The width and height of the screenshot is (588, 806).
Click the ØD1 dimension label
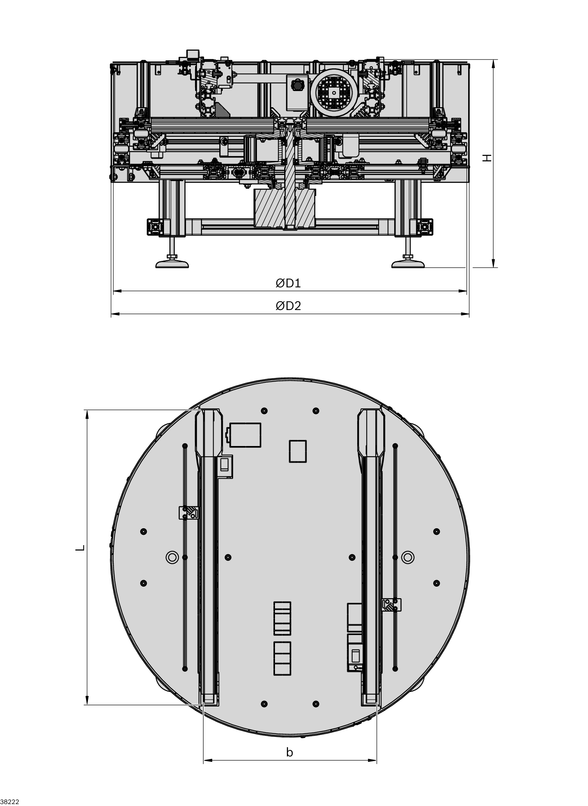[x=288, y=283]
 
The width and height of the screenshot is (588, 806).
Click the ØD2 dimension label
[x=288, y=306]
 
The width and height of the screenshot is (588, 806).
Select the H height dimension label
[x=487, y=158]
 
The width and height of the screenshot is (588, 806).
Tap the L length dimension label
[x=80, y=548]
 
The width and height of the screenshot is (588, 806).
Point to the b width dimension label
[x=290, y=752]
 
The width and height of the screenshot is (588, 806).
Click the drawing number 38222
[x=10, y=802]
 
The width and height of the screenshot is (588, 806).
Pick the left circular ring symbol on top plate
[x=172, y=557]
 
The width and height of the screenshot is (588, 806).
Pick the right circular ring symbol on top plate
[x=408, y=557]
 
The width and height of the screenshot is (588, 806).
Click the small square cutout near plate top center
[x=298, y=451]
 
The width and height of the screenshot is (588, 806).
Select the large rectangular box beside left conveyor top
[x=245, y=435]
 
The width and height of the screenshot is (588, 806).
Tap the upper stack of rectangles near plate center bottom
[x=282, y=618]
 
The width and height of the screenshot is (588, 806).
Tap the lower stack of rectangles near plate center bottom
[x=282, y=658]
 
